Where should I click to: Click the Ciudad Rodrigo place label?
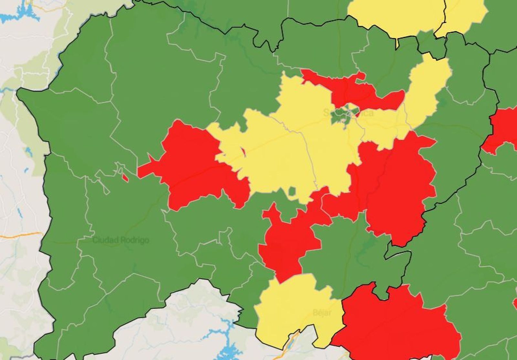(121, 240)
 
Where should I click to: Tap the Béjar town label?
(322, 312)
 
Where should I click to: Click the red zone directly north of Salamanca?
(352, 89)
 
